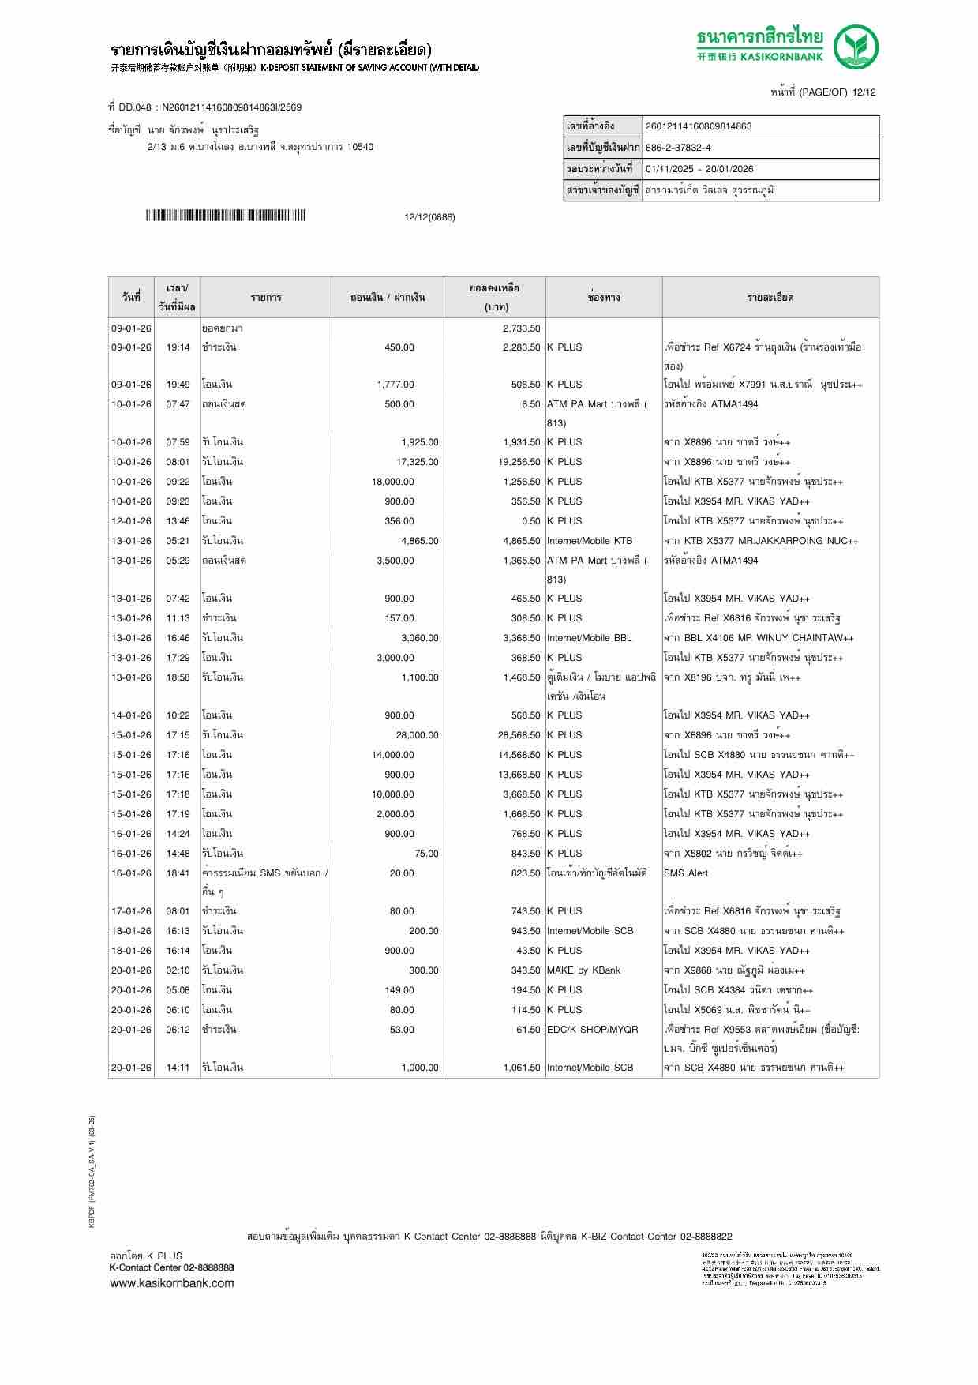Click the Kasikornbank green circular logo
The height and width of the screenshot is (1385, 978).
pos(857,47)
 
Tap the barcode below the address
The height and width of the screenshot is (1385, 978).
pos(225,216)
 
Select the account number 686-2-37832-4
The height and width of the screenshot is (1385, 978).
pos(678,148)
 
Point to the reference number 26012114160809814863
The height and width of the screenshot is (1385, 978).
pos(699,126)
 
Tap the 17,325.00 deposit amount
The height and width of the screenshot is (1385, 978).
pos(417,462)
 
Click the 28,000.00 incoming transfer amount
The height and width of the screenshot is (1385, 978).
pos(417,735)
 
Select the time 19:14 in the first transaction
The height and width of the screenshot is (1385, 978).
pos(178,347)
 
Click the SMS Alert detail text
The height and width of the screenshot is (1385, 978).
pos(686,873)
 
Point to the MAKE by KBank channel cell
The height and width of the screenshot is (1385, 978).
pos(583,970)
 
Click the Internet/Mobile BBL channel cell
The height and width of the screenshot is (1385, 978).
pos(589,638)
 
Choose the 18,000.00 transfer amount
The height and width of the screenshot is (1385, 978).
pos(392,482)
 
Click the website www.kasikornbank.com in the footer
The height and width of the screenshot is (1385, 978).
pos(172,1282)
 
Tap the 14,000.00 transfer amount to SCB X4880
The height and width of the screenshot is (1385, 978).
pos(392,755)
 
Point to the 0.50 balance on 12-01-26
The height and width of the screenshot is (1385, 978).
pos(530,521)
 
